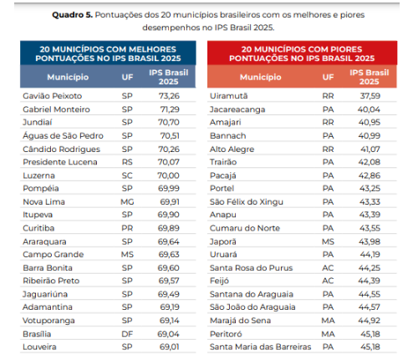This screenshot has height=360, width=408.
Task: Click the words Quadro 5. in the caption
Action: pyautogui.click(x=72, y=15)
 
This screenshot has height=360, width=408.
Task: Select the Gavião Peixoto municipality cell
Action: pyautogui.click(x=53, y=96)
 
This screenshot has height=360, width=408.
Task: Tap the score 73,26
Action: pyautogui.click(x=169, y=96)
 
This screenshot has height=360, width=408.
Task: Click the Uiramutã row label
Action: pyautogui.click(x=229, y=96)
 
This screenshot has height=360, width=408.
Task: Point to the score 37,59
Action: pyautogui.click(x=370, y=96)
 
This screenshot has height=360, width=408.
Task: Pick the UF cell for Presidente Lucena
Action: pyautogui.click(x=127, y=162)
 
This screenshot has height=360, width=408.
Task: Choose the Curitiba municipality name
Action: pyautogui.click(x=38, y=228)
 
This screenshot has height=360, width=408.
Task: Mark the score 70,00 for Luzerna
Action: pyautogui.click(x=168, y=175)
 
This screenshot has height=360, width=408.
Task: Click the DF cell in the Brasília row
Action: pyautogui.click(x=127, y=334)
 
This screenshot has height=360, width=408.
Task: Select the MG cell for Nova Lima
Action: pyautogui.click(x=127, y=201)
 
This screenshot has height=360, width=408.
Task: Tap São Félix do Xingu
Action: pyautogui.click(x=247, y=202)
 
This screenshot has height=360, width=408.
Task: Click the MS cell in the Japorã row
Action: pyautogui.click(x=328, y=241)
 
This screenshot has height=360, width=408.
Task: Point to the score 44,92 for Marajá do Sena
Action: pyautogui.click(x=370, y=321)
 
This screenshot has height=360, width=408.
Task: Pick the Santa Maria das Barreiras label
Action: pyautogui.click(x=261, y=347)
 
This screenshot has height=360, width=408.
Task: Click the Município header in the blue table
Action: pyautogui.click(x=68, y=77)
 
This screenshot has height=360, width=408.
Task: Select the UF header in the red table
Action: pyautogui.click(x=328, y=77)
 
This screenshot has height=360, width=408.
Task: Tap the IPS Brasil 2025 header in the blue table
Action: pyautogui.click(x=169, y=77)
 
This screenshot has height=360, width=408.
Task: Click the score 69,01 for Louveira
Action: pyautogui.click(x=170, y=347)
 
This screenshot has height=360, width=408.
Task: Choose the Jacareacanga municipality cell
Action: pyautogui.click(x=237, y=109)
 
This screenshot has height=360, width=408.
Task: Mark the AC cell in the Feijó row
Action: pyautogui.click(x=328, y=281)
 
